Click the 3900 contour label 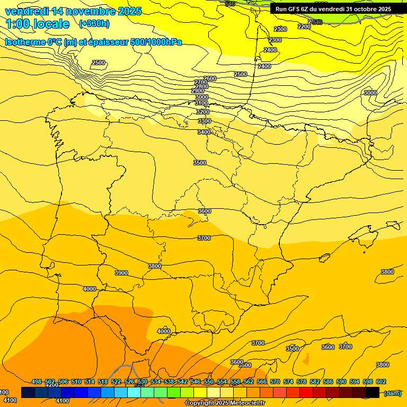click(121, 273)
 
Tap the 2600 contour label click(210, 78)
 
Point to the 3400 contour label click(204, 132)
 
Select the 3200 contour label click(203, 112)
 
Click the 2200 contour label click(304, 26)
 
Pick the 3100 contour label click(201, 103)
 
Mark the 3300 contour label click(205, 121)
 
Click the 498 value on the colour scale click(37, 382)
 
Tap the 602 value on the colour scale click(381, 382)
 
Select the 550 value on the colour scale click(209, 382)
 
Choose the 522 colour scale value click(116, 382)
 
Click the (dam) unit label click(392, 393)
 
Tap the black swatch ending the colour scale click(373, 392)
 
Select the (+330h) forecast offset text click(94, 23)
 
